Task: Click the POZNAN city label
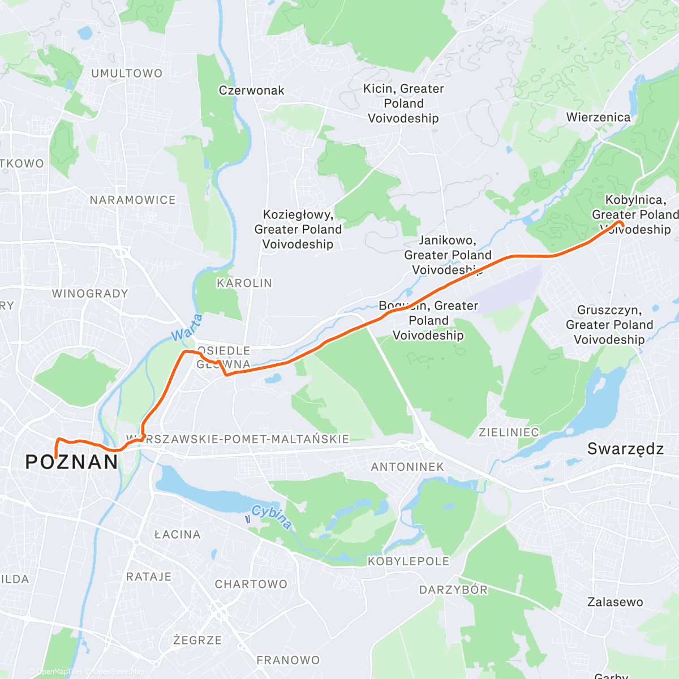tap(72, 462)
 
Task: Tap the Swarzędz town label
tap(625, 449)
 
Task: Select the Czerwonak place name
tap(251, 91)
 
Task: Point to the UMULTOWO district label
tap(127, 74)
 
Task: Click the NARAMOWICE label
tap(132, 200)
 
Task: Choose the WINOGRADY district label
tap(90, 294)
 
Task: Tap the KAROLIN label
tap(244, 283)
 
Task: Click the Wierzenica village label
tap(598, 118)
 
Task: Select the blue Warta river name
tap(187, 328)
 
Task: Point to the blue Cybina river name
tap(272, 516)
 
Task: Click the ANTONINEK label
tap(407, 467)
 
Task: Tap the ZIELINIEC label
tap(509, 432)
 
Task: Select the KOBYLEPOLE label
tap(409, 561)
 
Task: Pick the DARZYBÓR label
tap(453, 590)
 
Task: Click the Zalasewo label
tap(615, 602)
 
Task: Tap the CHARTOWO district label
tap(251, 585)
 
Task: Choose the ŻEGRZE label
tap(197, 641)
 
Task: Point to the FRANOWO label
tap(288, 660)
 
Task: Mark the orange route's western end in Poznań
tap(56, 456)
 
